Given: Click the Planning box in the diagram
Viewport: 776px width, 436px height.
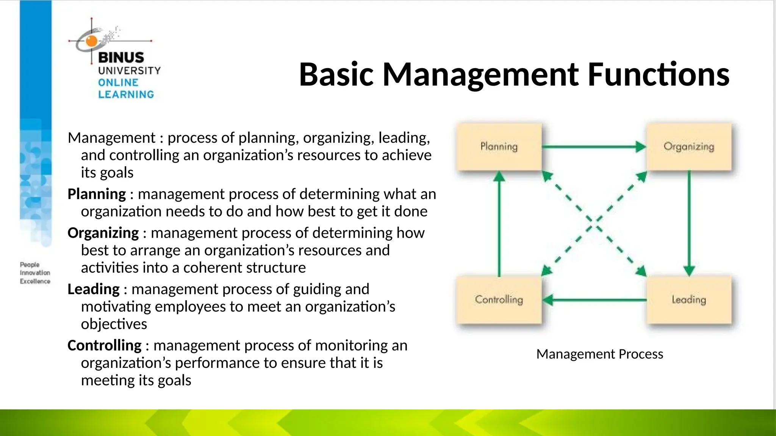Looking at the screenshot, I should [x=499, y=147].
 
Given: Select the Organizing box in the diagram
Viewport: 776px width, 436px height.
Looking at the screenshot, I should [x=688, y=147].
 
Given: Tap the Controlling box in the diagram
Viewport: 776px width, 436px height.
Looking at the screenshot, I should [x=499, y=300].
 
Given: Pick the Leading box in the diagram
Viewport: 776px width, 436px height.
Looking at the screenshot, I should [x=688, y=300].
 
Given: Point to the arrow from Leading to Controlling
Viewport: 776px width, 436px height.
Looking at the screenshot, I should [x=595, y=300].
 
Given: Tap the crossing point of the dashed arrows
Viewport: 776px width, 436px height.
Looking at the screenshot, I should [x=593, y=223].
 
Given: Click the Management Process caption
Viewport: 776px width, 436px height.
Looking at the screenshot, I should [x=599, y=354].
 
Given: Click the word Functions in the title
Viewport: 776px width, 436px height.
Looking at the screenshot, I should [x=658, y=74].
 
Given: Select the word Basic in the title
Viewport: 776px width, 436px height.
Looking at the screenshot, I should [x=336, y=74].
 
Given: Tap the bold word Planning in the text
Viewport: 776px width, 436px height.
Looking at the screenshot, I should [x=97, y=194].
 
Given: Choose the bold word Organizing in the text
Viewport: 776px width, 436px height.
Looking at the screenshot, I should [x=103, y=233].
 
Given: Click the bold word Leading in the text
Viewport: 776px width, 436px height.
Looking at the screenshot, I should [x=94, y=289].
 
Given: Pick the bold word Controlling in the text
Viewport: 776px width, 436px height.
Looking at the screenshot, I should [x=105, y=346].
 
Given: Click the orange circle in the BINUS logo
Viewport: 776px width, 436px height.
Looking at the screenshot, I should [x=92, y=41].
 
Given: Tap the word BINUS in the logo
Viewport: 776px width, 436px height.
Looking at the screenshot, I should [x=121, y=58].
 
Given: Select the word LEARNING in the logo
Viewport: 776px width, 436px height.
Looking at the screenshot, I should [x=126, y=94].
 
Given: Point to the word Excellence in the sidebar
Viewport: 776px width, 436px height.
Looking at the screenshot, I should [x=35, y=281].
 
